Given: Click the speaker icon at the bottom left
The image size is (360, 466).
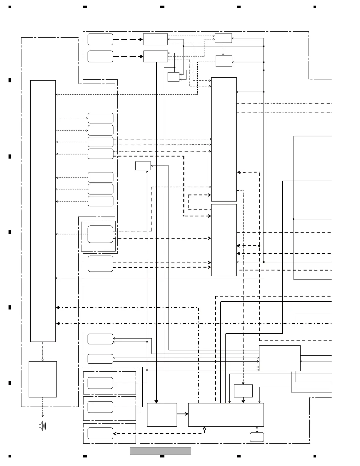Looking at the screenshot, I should (x=42, y=426).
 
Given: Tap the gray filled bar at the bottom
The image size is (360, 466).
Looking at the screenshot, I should (x=160, y=451).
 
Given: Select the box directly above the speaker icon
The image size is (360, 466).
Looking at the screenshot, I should (x=43, y=379).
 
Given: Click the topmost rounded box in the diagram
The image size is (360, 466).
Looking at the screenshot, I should (x=100, y=39).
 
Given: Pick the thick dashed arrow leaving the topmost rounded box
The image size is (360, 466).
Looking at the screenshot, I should (x=128, y=39).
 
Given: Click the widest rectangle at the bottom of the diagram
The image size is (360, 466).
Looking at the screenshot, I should (x=226, y=415).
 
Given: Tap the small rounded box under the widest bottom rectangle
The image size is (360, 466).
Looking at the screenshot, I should (x=257, y=437).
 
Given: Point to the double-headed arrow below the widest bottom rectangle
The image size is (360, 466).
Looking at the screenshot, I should (x=257, y=430).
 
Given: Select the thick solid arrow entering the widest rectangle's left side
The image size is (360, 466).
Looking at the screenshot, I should (x=182, y=414).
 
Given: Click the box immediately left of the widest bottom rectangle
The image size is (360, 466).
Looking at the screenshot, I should (x=162, y=415).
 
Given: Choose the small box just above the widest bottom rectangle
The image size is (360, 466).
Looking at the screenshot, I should (x=243, y=391).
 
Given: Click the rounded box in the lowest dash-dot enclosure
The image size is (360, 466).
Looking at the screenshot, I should (x=100, y=433).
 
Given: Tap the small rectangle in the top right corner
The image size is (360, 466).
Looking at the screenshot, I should (x=223, y=38).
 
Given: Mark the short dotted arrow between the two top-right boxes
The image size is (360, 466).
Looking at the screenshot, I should (x=223, y=49).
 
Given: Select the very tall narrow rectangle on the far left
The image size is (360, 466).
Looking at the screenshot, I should (x=43, y=211).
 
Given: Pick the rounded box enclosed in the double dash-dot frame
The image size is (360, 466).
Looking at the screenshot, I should (x=100, y=234).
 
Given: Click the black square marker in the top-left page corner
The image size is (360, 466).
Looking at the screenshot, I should (x=10, y=6).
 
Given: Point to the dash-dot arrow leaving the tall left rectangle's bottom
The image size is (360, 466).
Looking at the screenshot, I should (x=43, y=352).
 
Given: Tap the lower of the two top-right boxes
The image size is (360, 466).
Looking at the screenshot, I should (x=224, y=61).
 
